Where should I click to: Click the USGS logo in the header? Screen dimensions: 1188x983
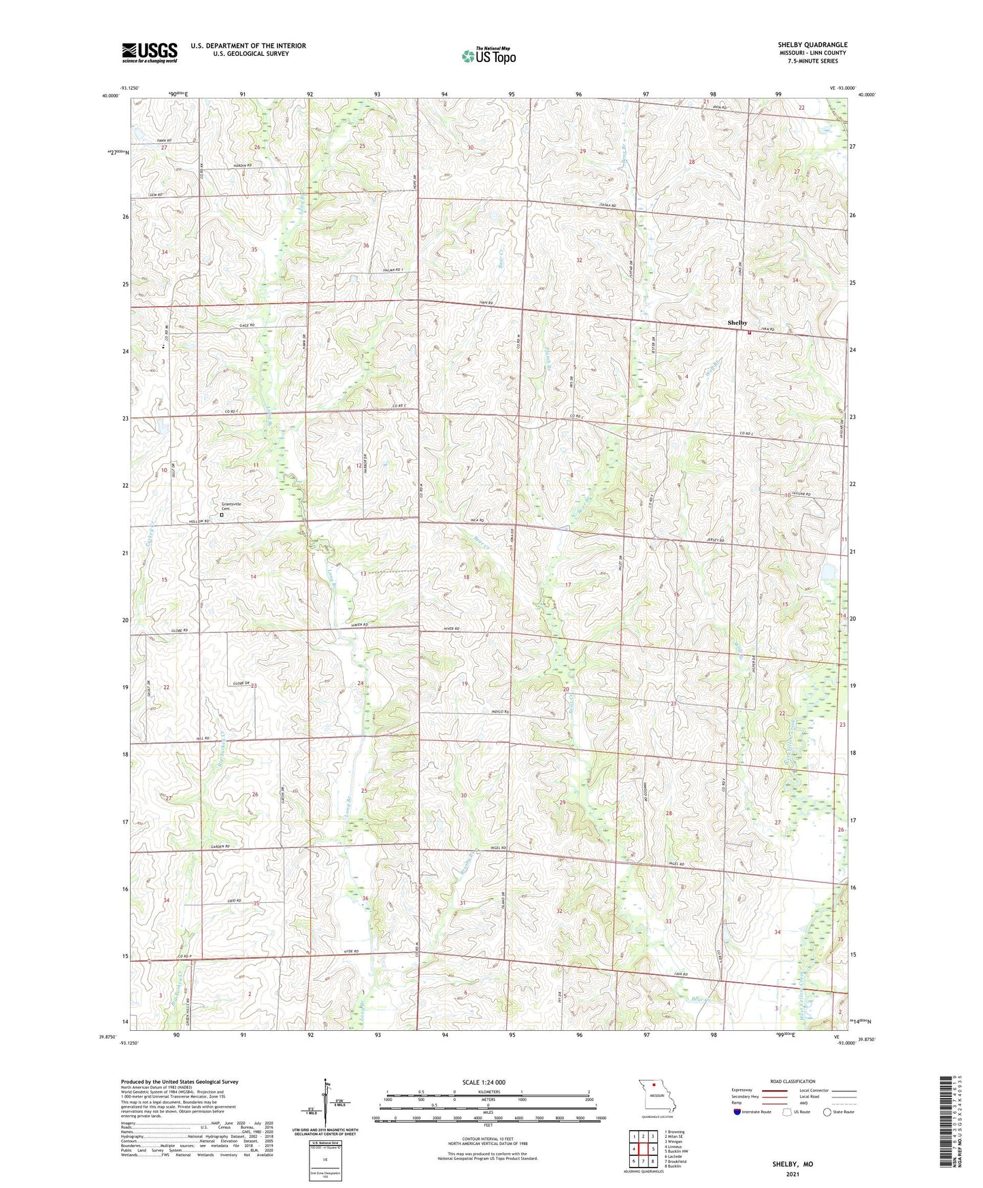point(150,52)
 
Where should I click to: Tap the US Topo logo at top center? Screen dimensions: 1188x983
point(488,56)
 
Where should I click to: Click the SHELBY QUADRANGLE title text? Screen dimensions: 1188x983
point(812,45)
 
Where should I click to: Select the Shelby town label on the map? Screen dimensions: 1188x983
point(737,323)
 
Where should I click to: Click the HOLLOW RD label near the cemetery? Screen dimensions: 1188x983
point(197,521)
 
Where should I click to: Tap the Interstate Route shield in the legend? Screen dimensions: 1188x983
point(737,1112)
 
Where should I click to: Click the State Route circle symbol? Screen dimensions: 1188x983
point(827,1112)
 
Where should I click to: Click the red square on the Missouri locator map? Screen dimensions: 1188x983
point(654,1085)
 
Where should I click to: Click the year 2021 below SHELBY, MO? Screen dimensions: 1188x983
point(793,1174)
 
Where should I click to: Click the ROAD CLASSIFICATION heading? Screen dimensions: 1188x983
point(793,1081)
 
